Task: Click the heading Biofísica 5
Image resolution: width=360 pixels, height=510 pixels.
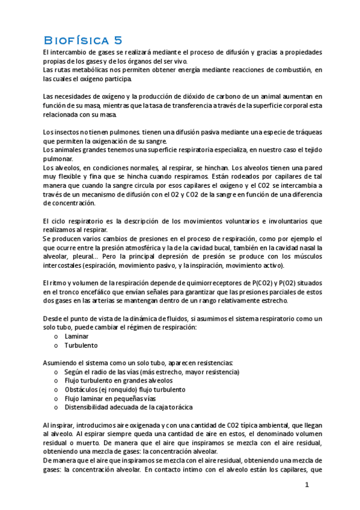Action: pyautogui.click(x=83, y=40)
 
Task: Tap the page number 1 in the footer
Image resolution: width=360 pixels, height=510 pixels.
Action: pyautogui.click(x=307, y=484)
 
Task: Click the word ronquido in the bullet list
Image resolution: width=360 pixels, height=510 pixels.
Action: pyautogui.click(x=118, y=389)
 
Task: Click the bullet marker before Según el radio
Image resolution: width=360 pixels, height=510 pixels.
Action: pyautogui.click(x=56, y=372)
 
